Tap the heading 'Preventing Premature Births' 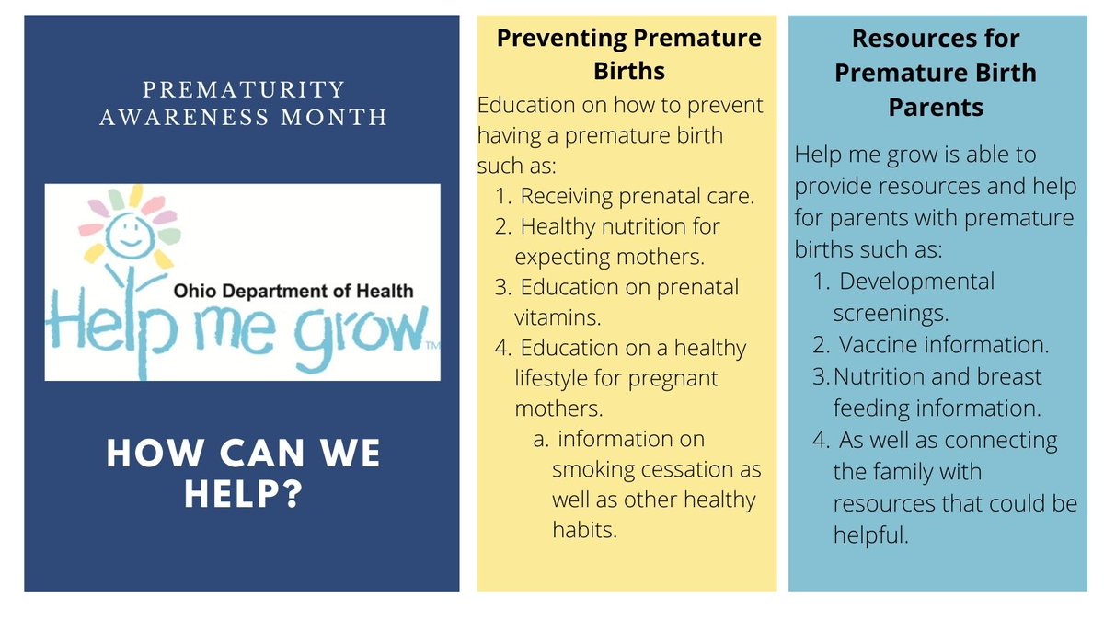[629, 54]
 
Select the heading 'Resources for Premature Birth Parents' [936, 73]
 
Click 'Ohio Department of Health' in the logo [294, 292]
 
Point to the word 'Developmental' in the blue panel [917, 282]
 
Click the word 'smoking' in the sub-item [592, 469]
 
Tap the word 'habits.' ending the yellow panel [583, 530]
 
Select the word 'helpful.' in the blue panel [870, 535]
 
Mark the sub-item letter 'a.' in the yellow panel [541, 439]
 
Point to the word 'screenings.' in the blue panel [891, 313]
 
